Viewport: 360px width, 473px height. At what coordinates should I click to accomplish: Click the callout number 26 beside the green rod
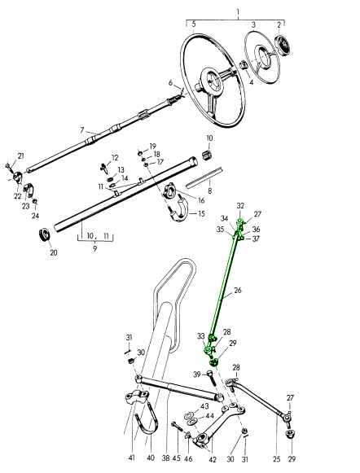click(238, 291)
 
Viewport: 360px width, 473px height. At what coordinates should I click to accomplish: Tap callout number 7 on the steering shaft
click(82, 130)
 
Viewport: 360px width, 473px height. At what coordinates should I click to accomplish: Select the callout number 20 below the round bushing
click(54, 252)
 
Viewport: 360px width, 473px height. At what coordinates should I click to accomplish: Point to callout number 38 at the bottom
click(165, 458)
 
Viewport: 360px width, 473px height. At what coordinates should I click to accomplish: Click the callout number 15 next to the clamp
click(201, 214)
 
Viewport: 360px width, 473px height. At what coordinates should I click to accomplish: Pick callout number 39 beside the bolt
click(197, 374)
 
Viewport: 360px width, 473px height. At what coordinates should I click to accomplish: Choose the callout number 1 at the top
click(238, 12)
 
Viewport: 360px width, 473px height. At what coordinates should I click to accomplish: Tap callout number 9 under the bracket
click(95, 249)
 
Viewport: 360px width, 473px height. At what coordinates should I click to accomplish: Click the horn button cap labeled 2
click(283, 46)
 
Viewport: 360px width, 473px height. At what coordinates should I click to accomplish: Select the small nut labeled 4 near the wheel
click(244, 65)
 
